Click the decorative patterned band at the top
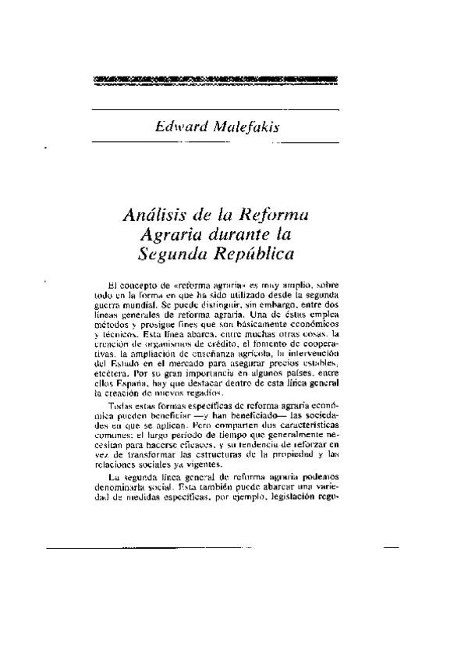[214, 79]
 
